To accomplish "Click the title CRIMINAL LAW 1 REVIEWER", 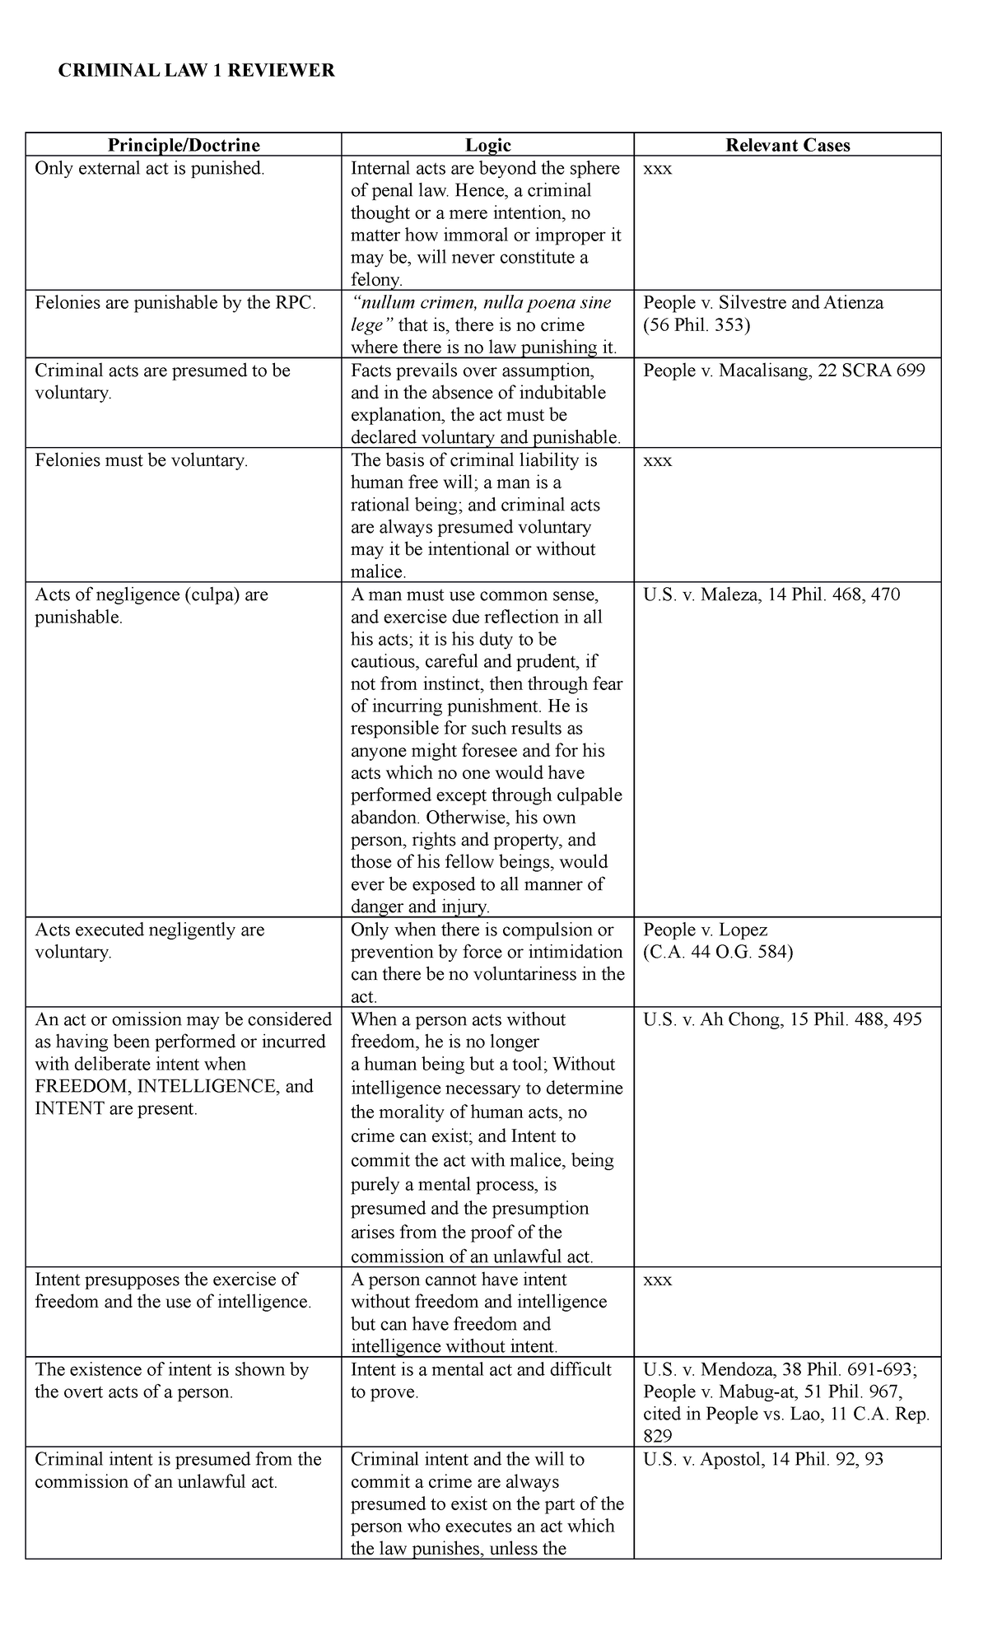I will pyautogui.click(x=196, y=71).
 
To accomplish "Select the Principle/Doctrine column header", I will pyautogui.click(x=184, y=146).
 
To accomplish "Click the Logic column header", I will pyautogui.click(x=487, y=146).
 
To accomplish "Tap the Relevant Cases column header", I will pyautogui.click(x=787, y=146).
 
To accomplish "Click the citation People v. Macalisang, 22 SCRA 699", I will pyautogui.click(x=784, y=371).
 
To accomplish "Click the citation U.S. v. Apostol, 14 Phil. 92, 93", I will pyautogui.click(x=763, y=1459).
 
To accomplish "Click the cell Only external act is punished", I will pyautogui.click(x=150, y=169).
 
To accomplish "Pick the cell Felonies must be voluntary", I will pyautogui.click(x=141, y=460).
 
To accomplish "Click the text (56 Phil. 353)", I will pyautogui.click(x=697, y=325).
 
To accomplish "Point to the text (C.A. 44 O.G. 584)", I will pyautogui.click(x=718, y=953).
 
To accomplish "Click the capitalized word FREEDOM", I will pyautogui.click(x=81, y=1086).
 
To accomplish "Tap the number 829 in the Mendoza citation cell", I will pyautogui.click(x=658, y=1436).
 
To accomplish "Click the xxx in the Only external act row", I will pyautogui.click(x=657, y=169).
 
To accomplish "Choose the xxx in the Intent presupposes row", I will pyautogui.click(x=657, y=1280).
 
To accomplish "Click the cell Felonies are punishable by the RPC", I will pyautogui.click(x=175, y=303).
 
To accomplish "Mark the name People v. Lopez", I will pyautogui.click(x=705, y=930).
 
